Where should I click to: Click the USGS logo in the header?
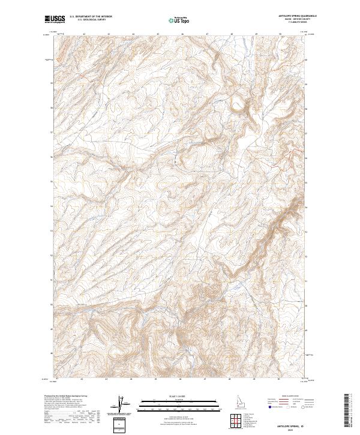pyautogui.click(x=55, y=19)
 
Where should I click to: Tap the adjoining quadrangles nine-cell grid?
pyautogui.click(x=233, y=420)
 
